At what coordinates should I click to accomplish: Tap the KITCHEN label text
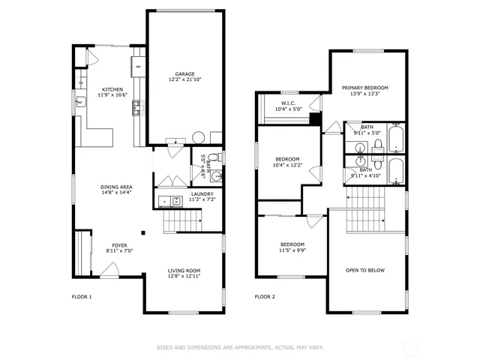click(x=112, y=88)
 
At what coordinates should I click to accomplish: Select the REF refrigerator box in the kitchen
click(x=139, y=67)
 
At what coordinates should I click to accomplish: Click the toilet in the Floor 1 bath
click(x=212, y=158)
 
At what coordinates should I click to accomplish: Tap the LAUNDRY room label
click(x=202, y=193)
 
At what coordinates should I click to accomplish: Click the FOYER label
click(x=119, y=244)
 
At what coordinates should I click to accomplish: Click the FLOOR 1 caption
click(x=81, y=297)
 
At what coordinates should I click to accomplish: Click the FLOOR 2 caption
click(x=265, y=297)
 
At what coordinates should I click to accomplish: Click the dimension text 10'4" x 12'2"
click(x=287, y=165)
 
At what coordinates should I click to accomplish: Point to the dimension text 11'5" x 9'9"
click(x=292, y=250)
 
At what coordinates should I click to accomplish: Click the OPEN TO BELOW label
click(x=365, y=270)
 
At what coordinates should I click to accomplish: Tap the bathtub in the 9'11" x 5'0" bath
click(x=397, y=138)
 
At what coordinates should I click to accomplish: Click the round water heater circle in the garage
click(x=199, y=137)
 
